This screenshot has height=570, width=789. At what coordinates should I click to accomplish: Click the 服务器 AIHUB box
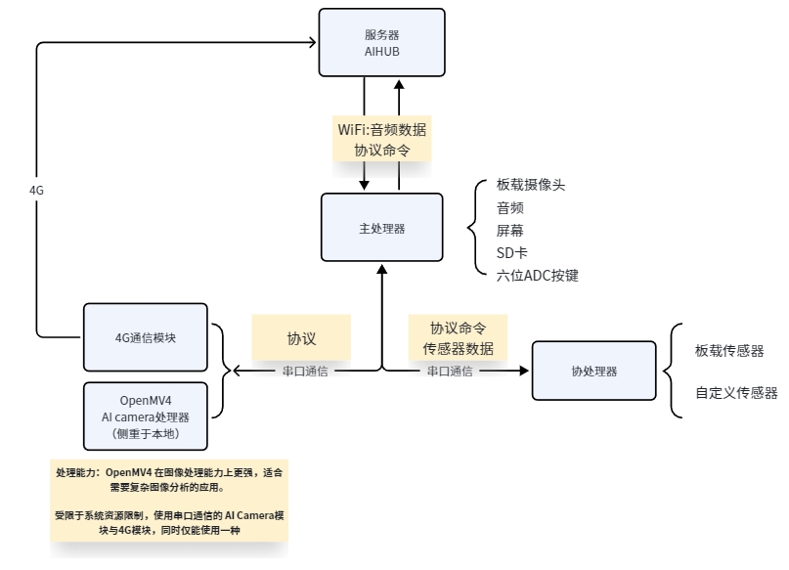381,42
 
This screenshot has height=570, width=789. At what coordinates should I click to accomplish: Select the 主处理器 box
381,228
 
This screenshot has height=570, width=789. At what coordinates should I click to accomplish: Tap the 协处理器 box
593,371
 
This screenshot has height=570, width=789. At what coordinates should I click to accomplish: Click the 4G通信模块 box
146,336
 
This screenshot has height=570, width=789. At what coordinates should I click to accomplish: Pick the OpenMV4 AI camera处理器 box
146,416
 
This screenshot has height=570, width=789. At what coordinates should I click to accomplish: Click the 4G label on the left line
37,191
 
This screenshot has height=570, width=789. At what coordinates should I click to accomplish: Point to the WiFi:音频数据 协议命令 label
381,140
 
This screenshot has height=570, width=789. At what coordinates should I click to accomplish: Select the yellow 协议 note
301,338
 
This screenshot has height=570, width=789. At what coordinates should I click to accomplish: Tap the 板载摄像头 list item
531,185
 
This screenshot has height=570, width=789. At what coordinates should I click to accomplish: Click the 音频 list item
510,207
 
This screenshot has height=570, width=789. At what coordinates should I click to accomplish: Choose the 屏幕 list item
510,231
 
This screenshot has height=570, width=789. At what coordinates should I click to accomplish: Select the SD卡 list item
512,253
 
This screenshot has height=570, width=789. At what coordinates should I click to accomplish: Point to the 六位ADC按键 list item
538,276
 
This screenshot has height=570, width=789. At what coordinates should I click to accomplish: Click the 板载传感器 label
729,350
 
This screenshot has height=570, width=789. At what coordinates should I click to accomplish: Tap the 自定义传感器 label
736,393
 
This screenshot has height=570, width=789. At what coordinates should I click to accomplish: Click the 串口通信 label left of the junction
305,372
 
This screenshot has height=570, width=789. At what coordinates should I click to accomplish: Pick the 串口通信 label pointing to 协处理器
450,372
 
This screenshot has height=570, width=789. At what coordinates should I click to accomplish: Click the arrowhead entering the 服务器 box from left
312,41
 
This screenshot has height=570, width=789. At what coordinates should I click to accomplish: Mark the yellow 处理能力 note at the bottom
169,501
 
